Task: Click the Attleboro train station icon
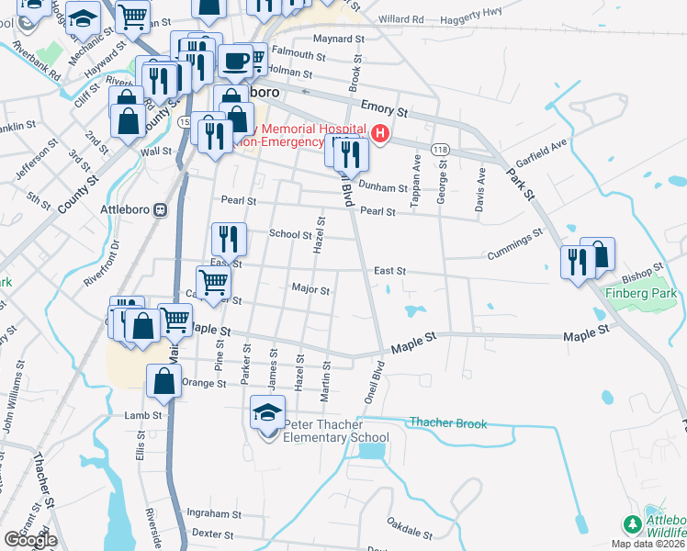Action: coord(161,208)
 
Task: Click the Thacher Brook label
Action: coord(448,423)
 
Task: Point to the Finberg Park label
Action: coord(641,294)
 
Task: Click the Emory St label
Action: coord(383,108)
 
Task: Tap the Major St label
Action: coord(310,289)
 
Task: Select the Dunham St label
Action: coord(381,187)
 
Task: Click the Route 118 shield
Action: coord(440,149)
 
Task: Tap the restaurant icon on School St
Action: coord(229,239)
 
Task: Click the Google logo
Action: coord(30,540)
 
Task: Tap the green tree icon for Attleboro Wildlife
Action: coord(632,525)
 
